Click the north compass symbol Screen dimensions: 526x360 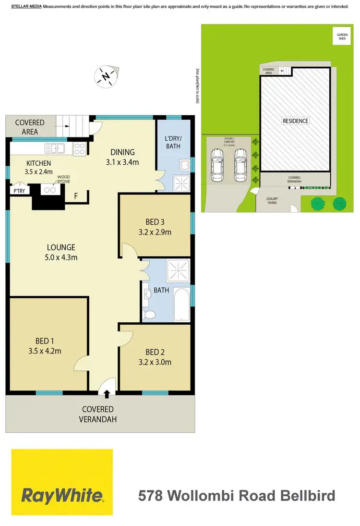coord(107,76)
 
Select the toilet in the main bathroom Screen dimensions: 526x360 coord(150,315)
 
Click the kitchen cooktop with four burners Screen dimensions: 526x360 coord(80,149)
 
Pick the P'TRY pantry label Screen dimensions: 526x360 coord(18,191)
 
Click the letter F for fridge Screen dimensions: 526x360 coord(75,196)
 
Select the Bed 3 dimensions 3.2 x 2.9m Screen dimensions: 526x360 coord(155,232)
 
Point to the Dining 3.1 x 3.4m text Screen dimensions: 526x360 coord(122,162)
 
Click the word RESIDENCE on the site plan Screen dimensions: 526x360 coord(295,121)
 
